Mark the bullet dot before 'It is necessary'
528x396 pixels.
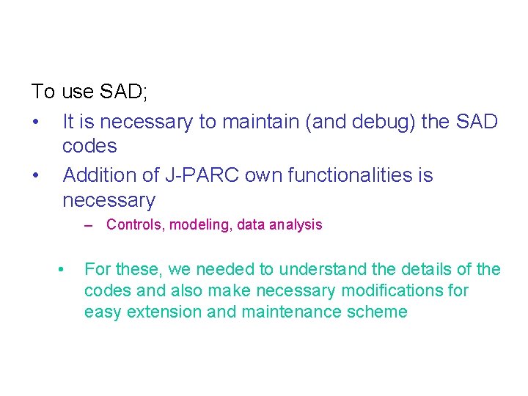tap(36, 122)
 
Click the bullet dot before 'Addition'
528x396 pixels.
tap(36, 176)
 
